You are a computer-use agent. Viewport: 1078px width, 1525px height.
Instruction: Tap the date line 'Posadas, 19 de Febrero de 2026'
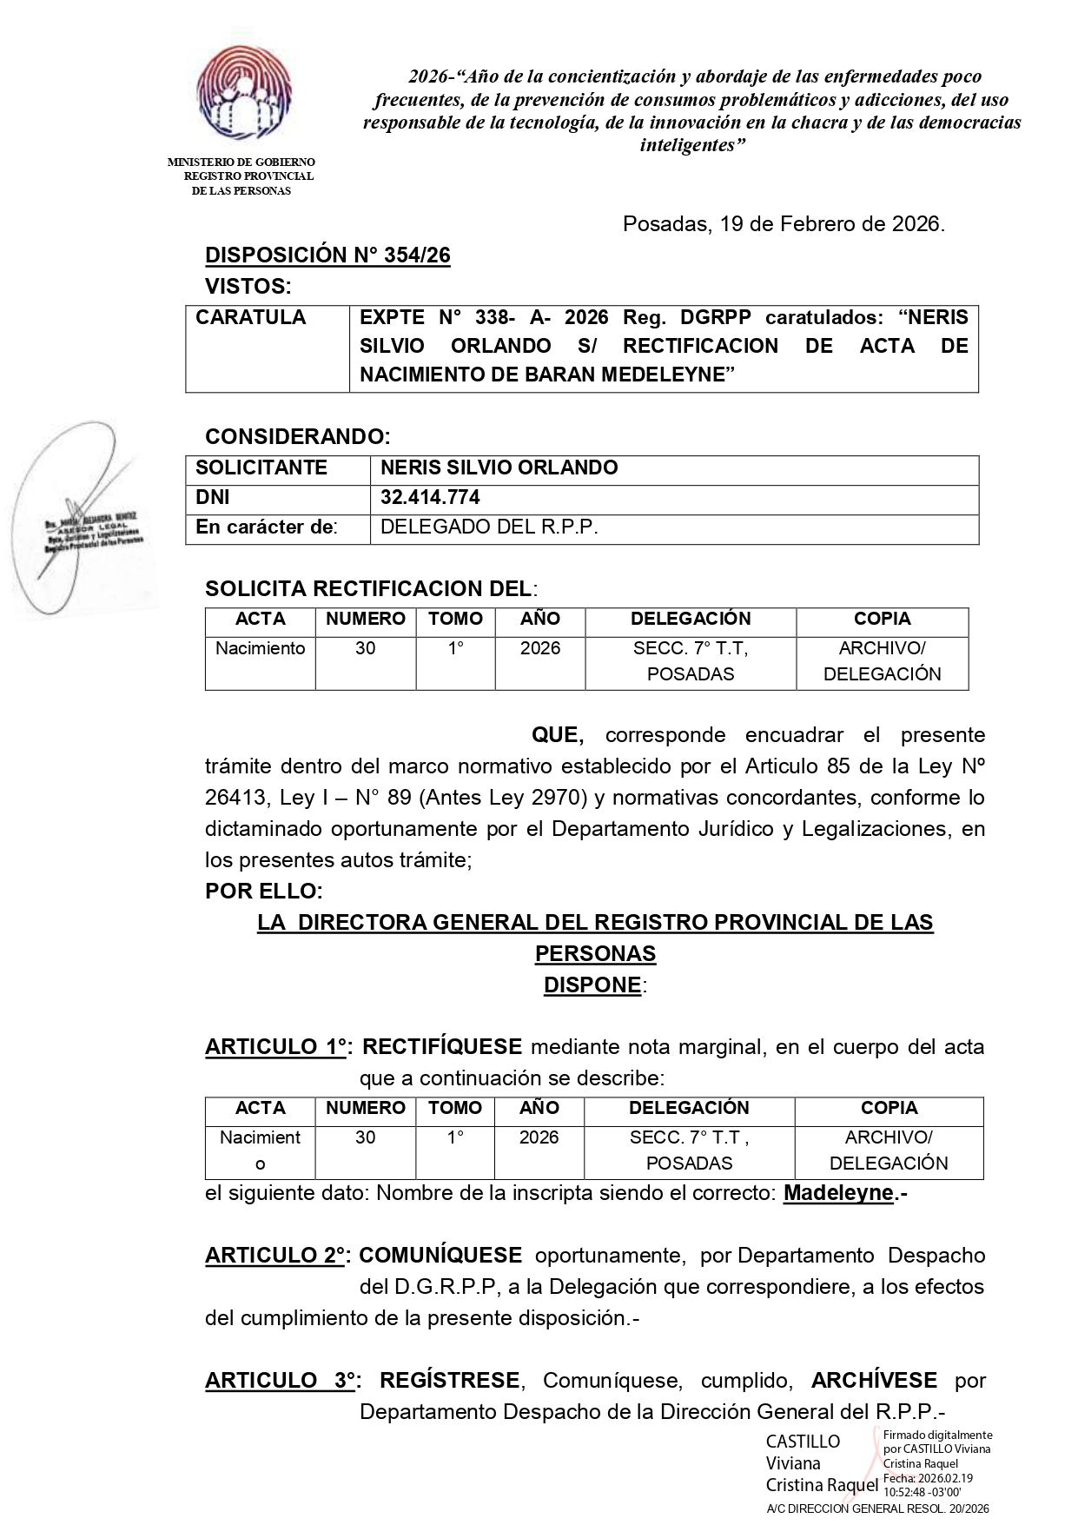[784, 224]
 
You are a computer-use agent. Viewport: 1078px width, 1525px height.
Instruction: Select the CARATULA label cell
[251, 318]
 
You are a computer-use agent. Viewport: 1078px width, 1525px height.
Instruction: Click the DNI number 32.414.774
[430, 498]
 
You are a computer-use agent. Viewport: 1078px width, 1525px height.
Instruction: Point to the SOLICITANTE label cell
[261, 468]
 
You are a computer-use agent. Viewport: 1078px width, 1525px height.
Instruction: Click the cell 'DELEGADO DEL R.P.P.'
[489, 527]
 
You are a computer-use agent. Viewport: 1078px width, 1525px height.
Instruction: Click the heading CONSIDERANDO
[297, 436]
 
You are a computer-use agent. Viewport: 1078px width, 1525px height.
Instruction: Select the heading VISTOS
[248, 286]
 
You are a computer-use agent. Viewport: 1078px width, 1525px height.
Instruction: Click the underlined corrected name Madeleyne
[838, 1193]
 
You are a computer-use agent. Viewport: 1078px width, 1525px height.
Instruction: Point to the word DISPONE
[592, 985]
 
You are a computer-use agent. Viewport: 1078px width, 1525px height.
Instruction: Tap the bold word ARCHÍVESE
[874, 1380]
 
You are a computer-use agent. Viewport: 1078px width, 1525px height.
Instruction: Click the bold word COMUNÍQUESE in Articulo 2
[440, 1256]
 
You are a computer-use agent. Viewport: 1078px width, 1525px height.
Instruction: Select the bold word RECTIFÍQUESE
[441, 1047]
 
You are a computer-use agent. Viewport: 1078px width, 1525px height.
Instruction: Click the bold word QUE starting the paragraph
[557, 735]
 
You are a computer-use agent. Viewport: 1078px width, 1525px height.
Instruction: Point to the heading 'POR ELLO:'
[263, 892]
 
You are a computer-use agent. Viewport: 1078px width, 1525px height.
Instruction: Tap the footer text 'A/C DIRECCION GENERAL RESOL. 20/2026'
[877, 1509]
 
